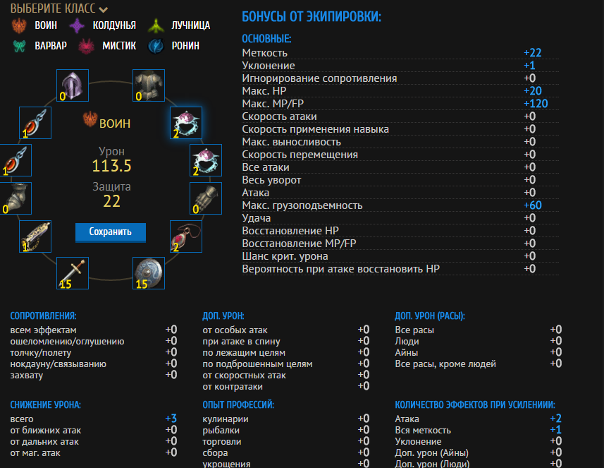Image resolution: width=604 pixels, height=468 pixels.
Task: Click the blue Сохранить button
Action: coord(110,232)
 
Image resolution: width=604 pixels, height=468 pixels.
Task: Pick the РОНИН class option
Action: coord(175,46)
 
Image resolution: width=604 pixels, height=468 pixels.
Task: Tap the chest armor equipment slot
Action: coord(149,85)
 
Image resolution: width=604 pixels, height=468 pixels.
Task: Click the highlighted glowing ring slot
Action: coord(186,123)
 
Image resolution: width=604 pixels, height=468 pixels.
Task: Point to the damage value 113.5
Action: coord(111,166)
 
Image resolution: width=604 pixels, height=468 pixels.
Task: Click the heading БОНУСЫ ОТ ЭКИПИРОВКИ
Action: coord(311,16)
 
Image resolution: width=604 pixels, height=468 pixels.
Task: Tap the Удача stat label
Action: coord(257,218)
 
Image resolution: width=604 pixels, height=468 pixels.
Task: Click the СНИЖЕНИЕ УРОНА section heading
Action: coord(46,404)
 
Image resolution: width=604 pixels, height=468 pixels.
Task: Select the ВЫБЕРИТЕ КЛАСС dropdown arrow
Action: coord(104,10)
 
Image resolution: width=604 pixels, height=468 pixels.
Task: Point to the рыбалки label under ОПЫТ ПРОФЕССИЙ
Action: coord(221,430)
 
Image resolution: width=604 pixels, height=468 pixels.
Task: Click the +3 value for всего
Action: coord(171,419)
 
